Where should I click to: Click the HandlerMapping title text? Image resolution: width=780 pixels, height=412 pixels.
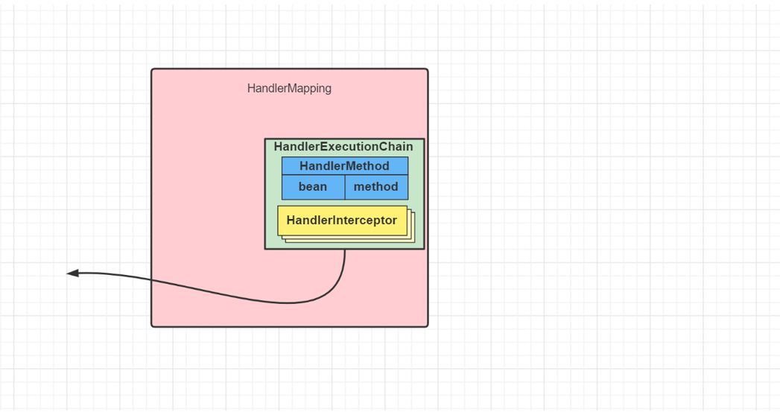click(289, 89)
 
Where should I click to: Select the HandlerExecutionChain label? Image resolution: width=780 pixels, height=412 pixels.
click(343, 147)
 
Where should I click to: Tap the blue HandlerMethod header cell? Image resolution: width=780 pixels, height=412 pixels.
click(344, 165)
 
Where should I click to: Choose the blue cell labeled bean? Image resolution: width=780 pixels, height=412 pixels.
click(313, 187)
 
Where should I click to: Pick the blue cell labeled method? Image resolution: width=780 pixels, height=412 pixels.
click(375, 187)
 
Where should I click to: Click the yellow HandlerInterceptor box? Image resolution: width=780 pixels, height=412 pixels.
click(342, 220)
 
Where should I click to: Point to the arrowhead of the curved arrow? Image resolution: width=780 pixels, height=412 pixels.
click(72, 273)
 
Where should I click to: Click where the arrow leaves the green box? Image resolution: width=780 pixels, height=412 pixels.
click(345, 249)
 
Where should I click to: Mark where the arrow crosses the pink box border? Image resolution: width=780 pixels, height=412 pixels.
click(152, 281)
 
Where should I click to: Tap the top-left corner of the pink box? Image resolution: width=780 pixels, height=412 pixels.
click(153, 70)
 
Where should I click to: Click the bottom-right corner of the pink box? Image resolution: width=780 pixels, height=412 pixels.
click(427, 326)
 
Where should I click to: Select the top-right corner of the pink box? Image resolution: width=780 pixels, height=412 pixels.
click(427, 70)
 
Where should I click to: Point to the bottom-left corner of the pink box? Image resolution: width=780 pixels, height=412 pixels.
click(153, 326)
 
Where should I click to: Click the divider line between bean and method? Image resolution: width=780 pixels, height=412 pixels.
click(345, 187)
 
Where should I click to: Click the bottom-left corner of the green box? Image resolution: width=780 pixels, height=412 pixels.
click(265, 248)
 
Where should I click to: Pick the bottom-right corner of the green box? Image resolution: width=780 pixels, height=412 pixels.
click(424, 248)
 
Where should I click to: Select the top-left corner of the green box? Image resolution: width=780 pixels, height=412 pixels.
click(265, 139)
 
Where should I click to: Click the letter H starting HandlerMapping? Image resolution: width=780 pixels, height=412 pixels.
click(251, 89)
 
